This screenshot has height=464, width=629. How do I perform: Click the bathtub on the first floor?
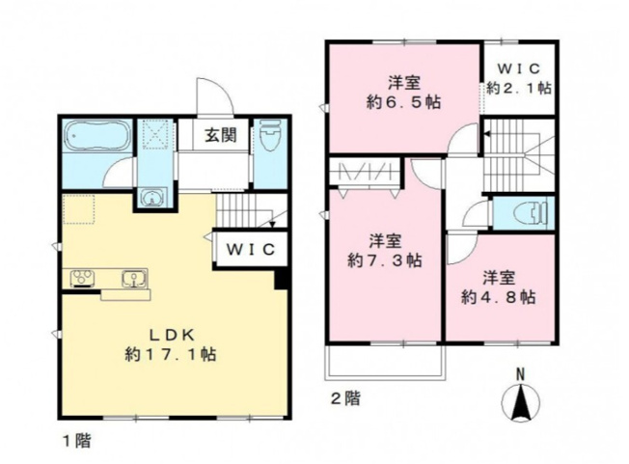pos(97,136)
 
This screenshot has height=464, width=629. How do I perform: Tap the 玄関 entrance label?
pos(221,135)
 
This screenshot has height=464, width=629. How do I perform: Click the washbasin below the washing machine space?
pos(152,198)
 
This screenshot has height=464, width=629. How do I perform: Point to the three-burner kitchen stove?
pos(83,279)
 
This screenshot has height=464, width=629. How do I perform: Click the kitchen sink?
pos(134,278)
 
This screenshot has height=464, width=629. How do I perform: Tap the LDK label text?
pos(172,335)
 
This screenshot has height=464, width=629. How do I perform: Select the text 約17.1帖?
pos(171,354)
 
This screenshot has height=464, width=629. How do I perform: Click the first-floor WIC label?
pos(251,250)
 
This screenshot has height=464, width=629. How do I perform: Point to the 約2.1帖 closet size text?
pos(519,88)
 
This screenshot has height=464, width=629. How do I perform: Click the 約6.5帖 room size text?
pos(403,102)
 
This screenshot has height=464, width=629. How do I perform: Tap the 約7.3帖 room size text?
pos(384,261)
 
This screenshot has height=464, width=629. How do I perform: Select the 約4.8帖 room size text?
pos(499,297)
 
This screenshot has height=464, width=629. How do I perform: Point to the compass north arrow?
pos(520,402)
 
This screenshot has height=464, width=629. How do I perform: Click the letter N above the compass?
pos(520,375)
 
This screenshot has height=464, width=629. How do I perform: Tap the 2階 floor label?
pos(345,398)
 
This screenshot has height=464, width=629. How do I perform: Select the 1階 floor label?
pos(76,441)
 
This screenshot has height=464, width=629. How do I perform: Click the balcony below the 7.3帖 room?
pos(385,362)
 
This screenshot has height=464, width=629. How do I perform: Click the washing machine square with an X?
pos(155,135)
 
